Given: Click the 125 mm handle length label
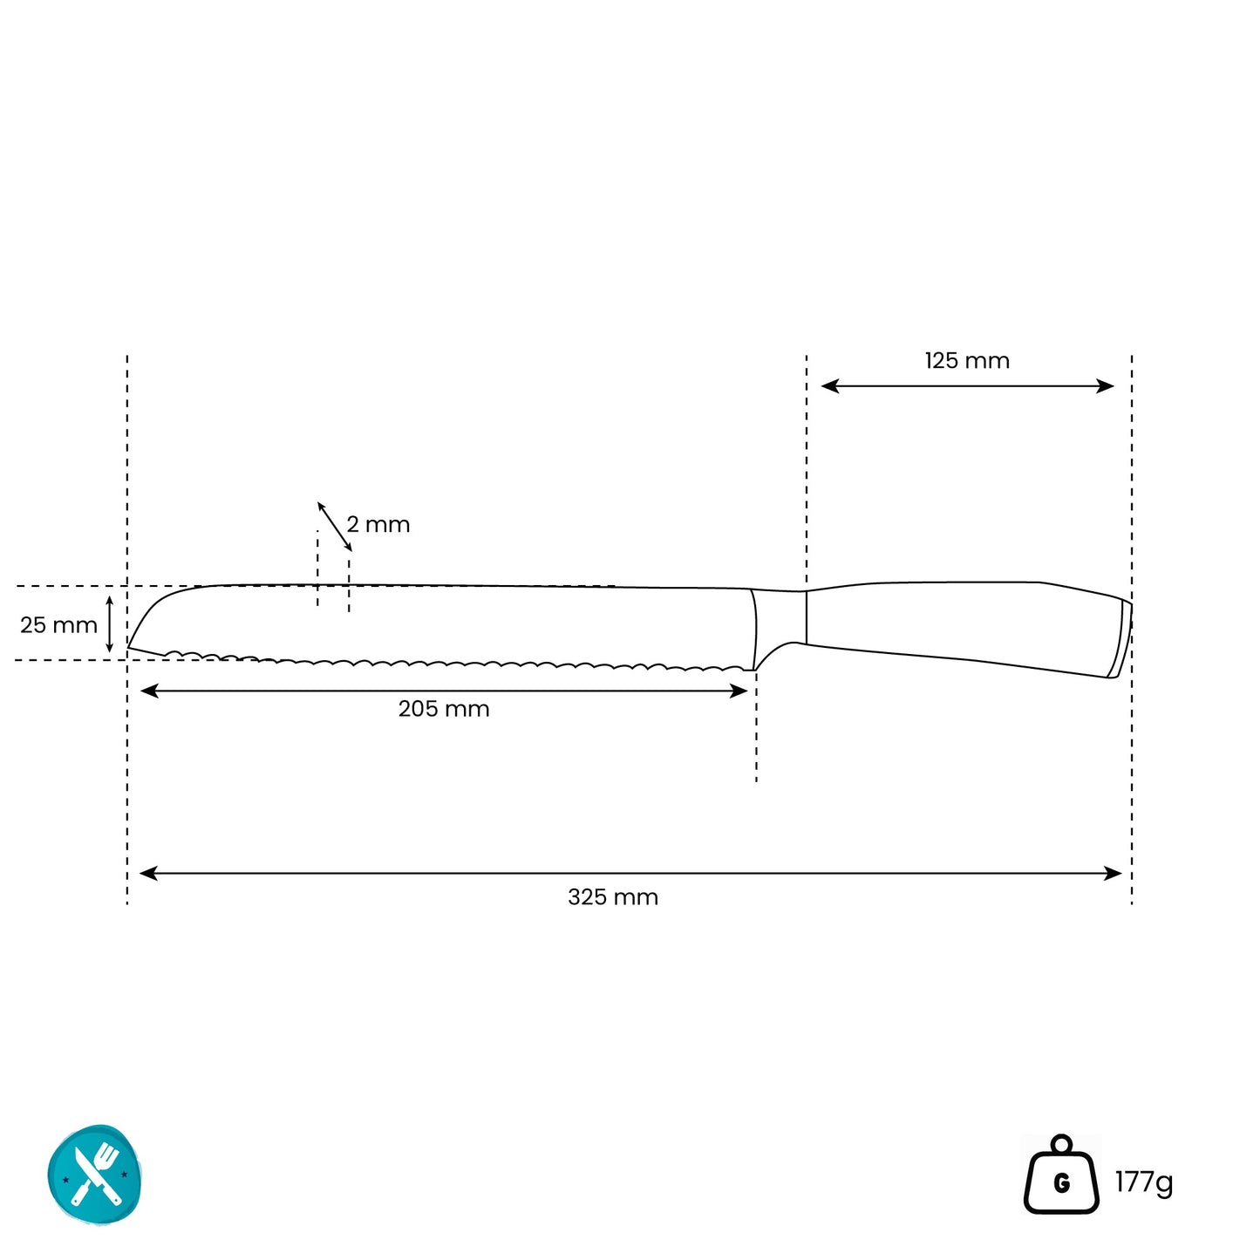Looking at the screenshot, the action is [966, 361].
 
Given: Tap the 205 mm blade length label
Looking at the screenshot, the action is [444, 709].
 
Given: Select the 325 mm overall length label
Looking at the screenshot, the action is [613, 896].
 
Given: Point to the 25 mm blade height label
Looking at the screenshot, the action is [58, 625].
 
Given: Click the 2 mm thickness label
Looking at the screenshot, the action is [378, 524].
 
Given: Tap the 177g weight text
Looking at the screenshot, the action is [1144, 1182].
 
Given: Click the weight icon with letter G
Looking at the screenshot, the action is [1061, 1175].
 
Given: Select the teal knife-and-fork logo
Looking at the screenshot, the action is [95, 1175].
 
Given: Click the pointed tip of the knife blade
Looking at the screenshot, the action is [128, 647].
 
